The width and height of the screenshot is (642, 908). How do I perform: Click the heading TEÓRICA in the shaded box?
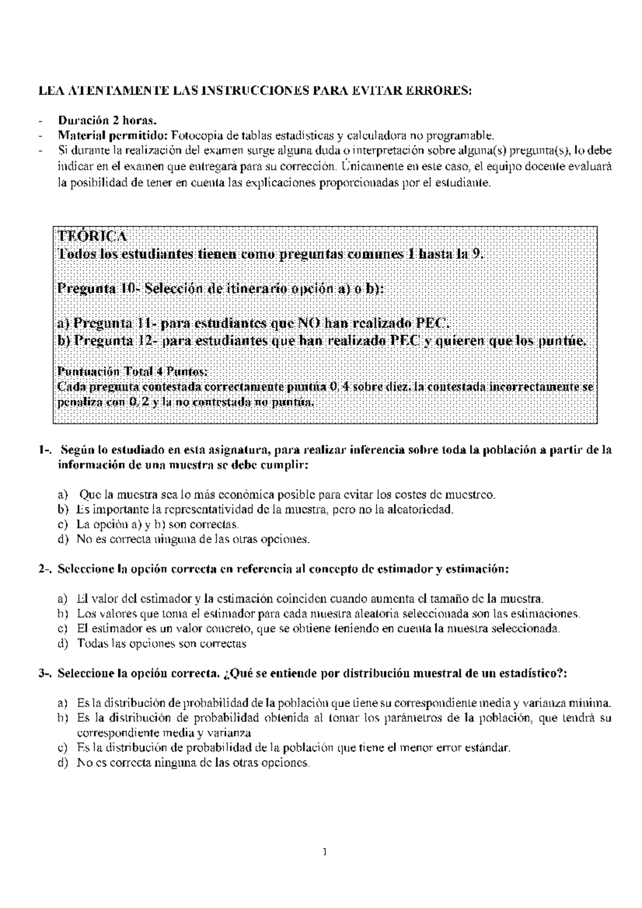point(92,236)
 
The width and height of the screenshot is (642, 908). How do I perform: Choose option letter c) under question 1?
point(63,525)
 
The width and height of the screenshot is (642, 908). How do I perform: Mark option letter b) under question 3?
point(63,718)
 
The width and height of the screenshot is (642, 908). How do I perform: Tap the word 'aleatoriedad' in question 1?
point(422,510)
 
